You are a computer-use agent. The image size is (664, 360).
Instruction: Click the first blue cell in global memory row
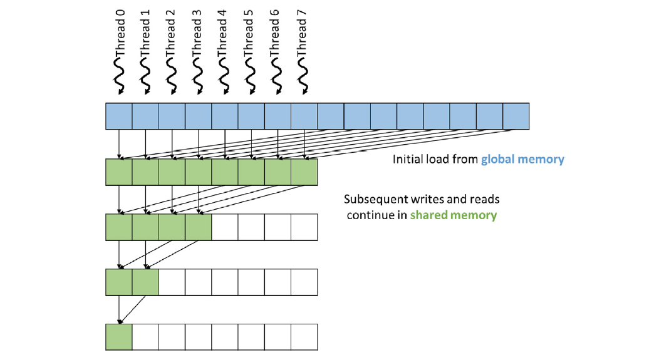pyautogui.click(x=119, y=116)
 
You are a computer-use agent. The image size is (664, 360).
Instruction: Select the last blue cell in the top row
pyautogui.click(x=516, y=116)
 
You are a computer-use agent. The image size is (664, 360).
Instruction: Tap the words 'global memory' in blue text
pyautogui.click(x=522, y=160)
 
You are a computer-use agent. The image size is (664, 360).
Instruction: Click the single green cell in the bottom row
pyautogui.click(x=119, y=337)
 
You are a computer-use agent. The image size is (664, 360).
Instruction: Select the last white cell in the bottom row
pyautogui.click(x=304, y=337)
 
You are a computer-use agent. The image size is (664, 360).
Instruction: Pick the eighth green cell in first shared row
pyautogui.click(x=304, y=172)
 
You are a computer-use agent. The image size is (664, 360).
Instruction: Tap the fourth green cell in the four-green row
pyautogui.click(x=199, y=227)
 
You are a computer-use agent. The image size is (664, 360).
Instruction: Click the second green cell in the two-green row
pyautogui.click(x=145, y=282)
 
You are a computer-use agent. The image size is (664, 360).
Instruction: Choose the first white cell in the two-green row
pyautogui.click(x=172, y=282)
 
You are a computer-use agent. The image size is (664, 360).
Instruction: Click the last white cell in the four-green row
pyautogui.click(x=304, y=227)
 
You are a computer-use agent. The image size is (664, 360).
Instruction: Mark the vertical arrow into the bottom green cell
pyautogui.click(x=119, y=309)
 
